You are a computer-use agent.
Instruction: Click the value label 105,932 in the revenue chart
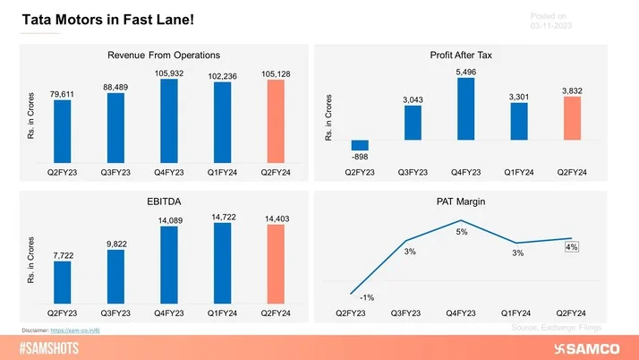click(x=169, y=73)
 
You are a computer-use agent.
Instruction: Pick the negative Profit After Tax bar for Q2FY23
click(x=360, y=145)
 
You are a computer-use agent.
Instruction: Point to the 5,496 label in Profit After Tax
click(x=466, y=71)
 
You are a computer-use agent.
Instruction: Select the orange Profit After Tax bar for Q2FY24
click(x=573, y=118)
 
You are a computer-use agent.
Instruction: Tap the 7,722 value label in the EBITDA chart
click(x=62, y=255)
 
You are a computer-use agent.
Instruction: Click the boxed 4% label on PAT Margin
click(x=571, y=247)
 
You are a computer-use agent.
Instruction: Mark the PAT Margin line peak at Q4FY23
click(x=460, y=220)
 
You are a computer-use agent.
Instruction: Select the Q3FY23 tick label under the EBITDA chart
click(x=115, y=313)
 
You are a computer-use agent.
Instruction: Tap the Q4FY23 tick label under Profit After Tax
click(x=466, y=169)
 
